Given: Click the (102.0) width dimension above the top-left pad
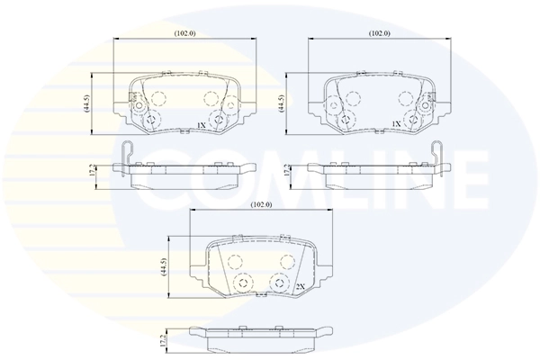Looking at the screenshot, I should click(185, 33).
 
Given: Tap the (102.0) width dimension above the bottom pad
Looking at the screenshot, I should click(260, 205).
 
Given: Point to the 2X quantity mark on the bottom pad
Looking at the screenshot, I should click(301, 286).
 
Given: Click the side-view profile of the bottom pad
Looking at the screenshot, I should click(260, 340).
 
